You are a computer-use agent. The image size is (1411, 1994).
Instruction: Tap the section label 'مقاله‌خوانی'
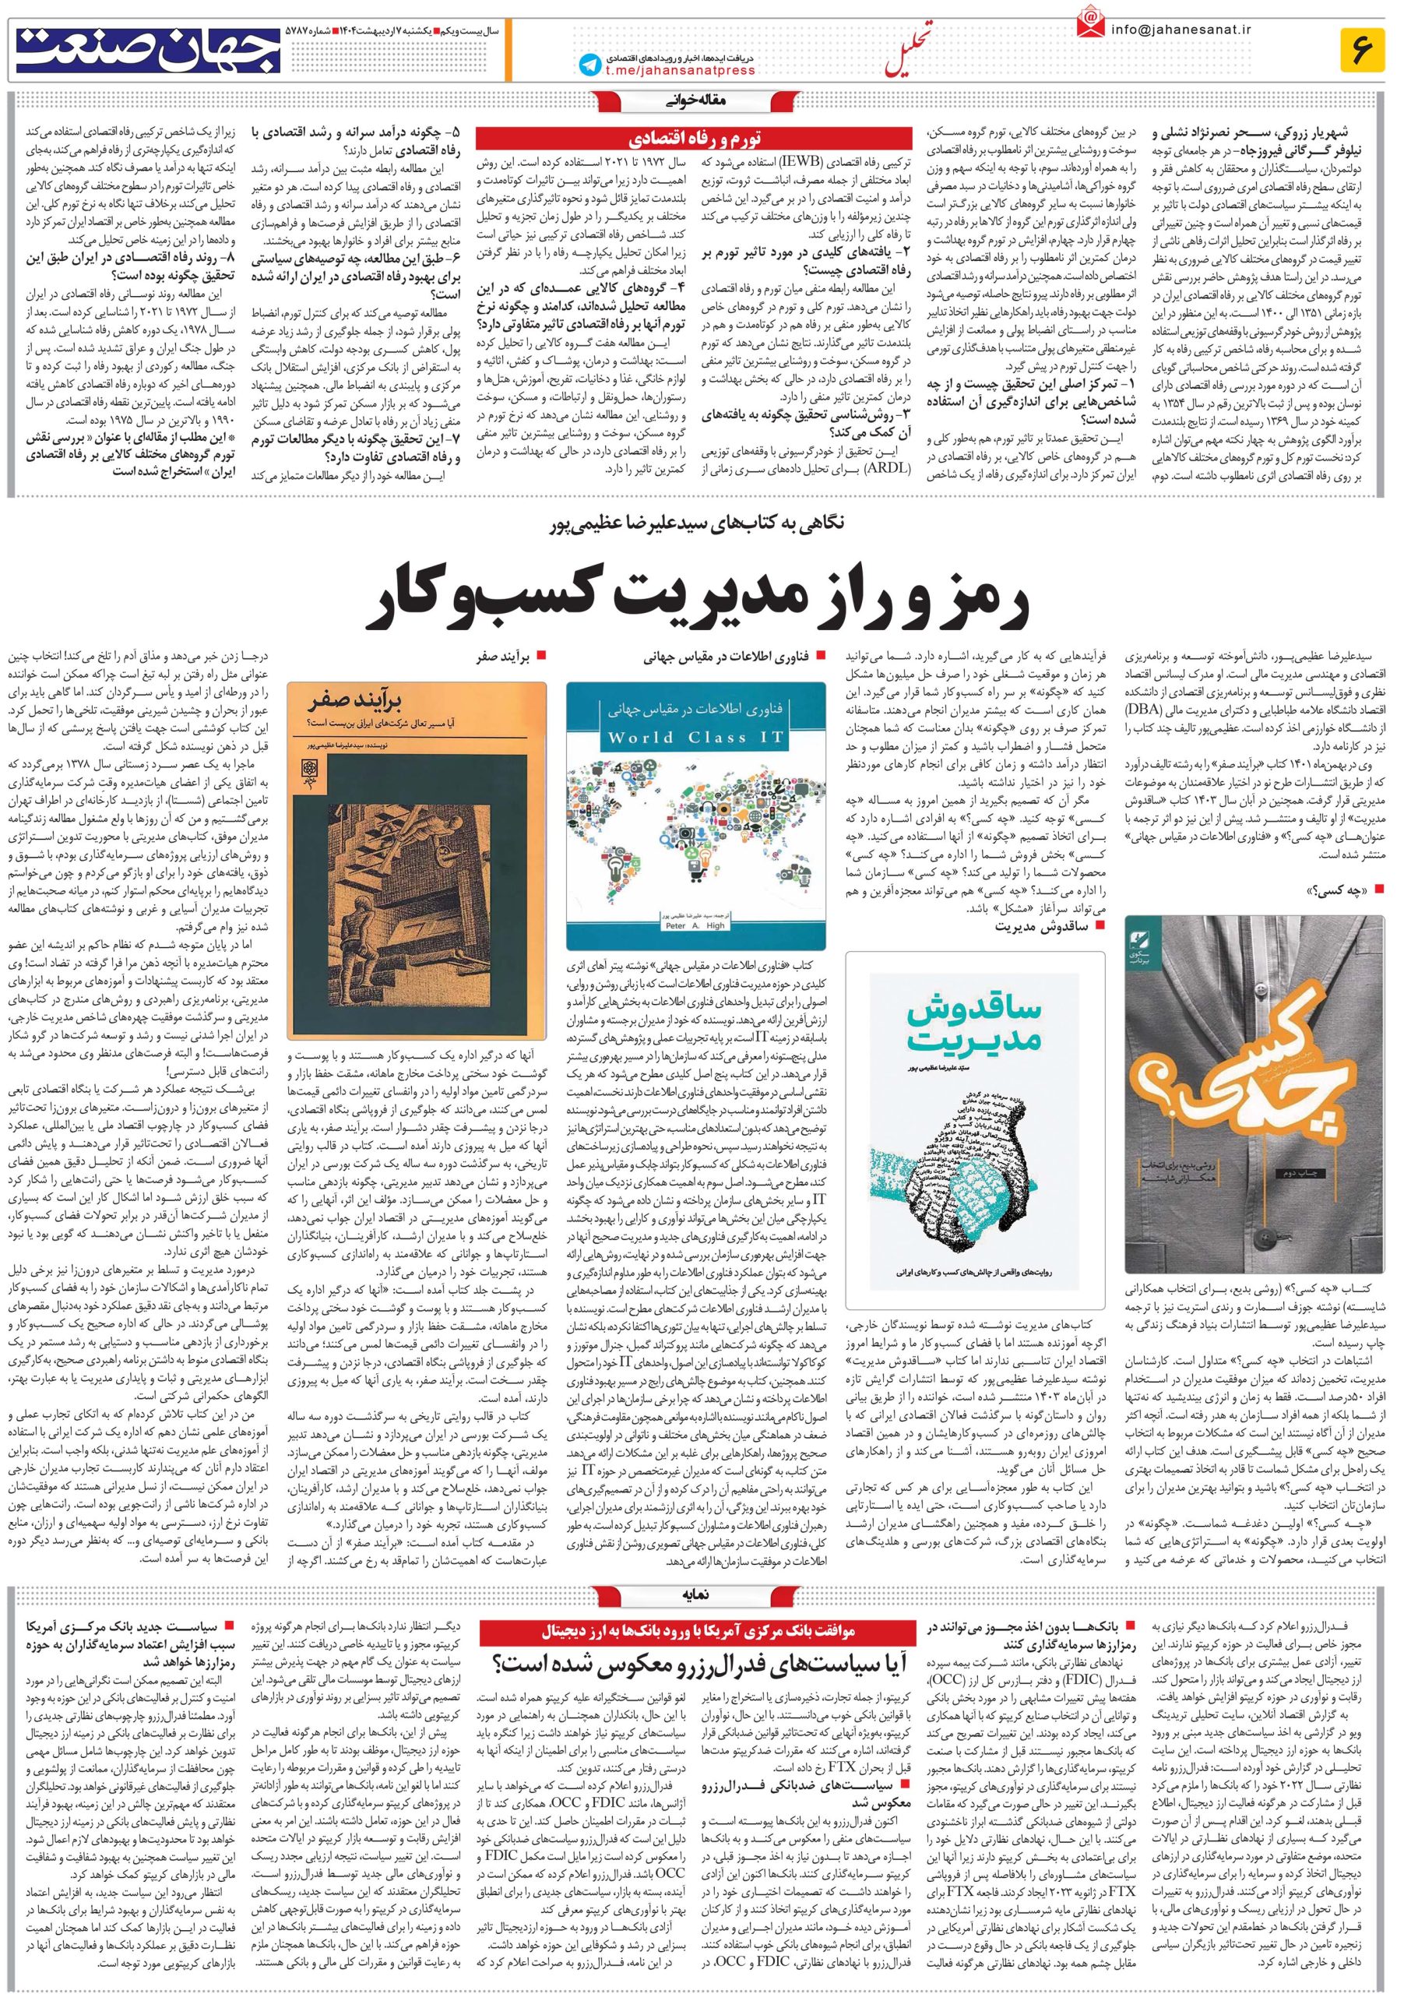(x=705, y=100)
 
